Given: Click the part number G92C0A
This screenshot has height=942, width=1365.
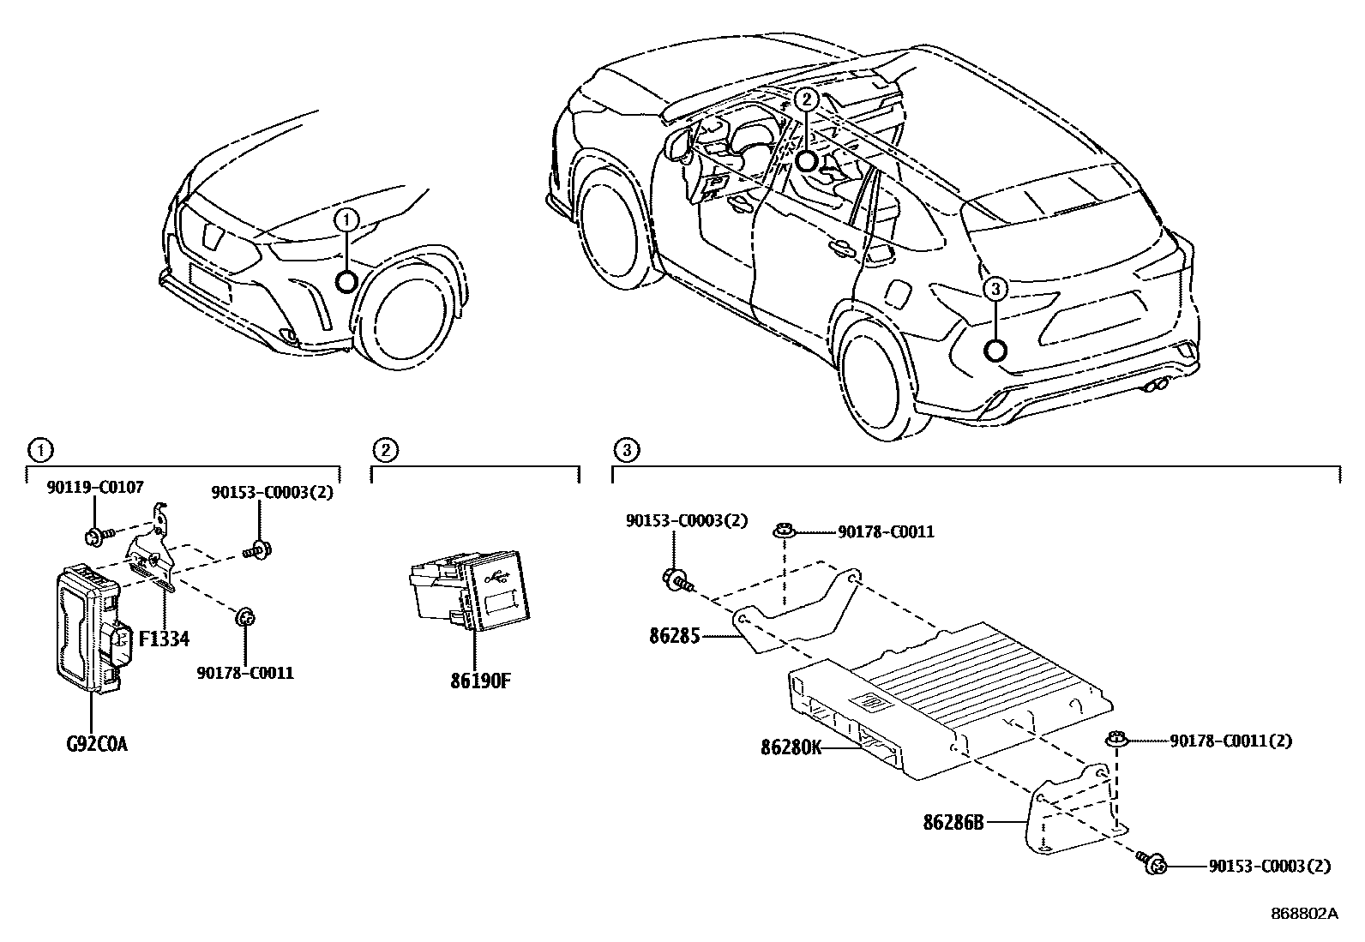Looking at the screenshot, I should point(96,744).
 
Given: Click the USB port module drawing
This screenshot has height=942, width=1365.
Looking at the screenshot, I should point(470,592).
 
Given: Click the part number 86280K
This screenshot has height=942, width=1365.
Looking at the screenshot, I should point(791,747).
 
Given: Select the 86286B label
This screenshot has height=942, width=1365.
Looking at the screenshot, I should point(952,822).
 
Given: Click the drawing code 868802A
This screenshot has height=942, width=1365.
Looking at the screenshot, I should point(1303,913).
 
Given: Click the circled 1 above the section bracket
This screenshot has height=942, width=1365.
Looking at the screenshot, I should point(39,448).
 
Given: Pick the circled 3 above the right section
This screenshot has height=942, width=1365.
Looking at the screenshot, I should point(626,448).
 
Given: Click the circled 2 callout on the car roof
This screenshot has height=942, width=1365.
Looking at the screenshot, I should point(805,99).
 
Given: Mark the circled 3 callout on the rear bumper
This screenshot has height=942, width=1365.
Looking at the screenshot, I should point(995,291).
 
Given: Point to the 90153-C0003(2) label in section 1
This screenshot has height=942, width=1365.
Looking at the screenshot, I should point(272,493).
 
